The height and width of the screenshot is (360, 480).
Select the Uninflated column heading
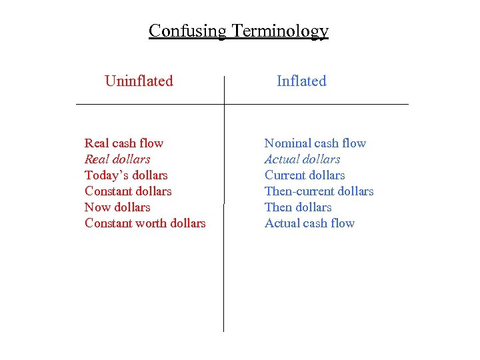click(139, 81)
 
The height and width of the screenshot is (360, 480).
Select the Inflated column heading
click(301, 81)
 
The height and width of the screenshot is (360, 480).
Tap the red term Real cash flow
click(124, 143)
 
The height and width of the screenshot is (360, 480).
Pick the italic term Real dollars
click(117, 159)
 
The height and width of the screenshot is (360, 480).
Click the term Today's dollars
click(126, 175)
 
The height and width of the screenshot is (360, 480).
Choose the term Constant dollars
click(128, 191)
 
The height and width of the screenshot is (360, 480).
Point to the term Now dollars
click(117, 207)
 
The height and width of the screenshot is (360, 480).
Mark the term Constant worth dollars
click(145, 223)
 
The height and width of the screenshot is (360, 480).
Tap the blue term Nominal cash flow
click(315, 143)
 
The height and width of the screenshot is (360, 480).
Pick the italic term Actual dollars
click(302, 159)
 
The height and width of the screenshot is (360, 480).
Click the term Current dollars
click(305, 175)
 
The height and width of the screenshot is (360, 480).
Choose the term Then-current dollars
click(319, 191)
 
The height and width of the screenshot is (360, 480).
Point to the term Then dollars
click(298, 207)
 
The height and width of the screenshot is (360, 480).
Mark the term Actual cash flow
click(309, 223)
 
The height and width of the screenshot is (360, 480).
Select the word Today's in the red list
click(105, 175)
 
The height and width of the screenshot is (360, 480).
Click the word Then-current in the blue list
click(298, 191)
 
